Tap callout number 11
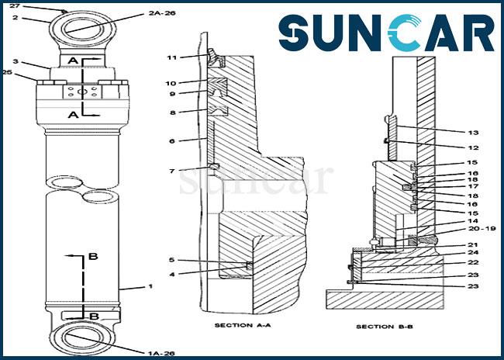(172, 57)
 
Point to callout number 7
(172, 170)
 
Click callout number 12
(472, 147)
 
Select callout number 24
(472, 253)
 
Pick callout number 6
(172, 140)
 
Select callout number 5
(172, 260)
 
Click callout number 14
(472, 220)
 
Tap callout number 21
(472, 244)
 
